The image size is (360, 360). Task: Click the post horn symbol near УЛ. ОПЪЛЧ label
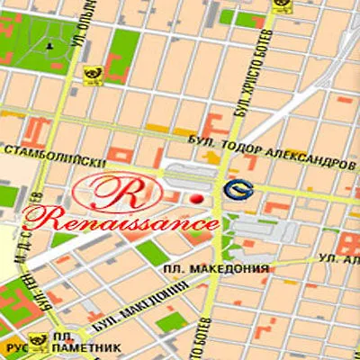tap(92, 76)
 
